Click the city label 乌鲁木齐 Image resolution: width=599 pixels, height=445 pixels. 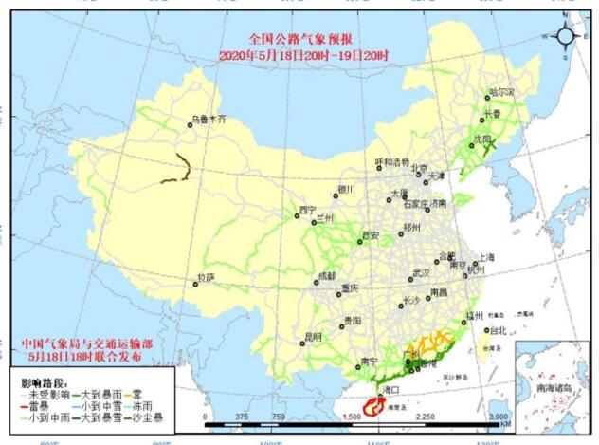tap(209, 121)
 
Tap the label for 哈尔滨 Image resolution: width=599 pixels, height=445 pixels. tap(500, 92)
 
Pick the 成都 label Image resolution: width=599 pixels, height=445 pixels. tap(326, 275)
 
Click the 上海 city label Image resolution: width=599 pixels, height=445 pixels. tap(486, 256)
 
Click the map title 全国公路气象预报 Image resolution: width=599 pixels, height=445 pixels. tap(299, 40)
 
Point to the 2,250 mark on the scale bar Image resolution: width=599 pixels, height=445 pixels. tap(424, 417)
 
